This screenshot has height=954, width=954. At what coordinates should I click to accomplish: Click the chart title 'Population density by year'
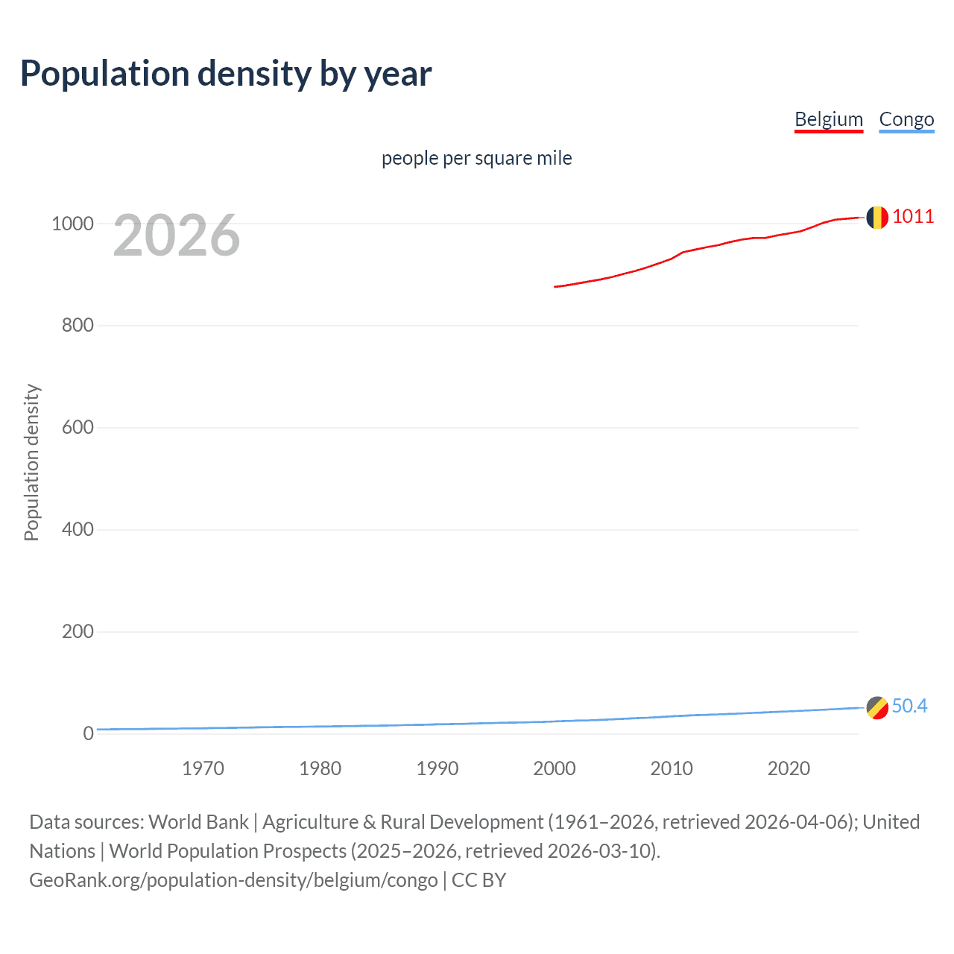click(226, 74)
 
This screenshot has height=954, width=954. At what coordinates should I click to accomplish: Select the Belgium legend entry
click(828, 119)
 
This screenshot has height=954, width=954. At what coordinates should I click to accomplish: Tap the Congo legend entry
click(906, 119)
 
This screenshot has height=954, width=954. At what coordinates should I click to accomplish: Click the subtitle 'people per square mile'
click(476, 158)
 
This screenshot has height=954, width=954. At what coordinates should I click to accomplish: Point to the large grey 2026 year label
click(177, 236)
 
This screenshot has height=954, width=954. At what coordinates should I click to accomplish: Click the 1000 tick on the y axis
click(72, 224)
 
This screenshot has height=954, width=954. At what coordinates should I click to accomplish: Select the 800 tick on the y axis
click(78, 326)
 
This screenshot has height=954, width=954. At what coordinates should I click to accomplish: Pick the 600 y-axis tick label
click(78, 428)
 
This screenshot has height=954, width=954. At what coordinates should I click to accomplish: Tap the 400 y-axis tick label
click(78, 530)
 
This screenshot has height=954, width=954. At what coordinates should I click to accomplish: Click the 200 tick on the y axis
click(78, 632)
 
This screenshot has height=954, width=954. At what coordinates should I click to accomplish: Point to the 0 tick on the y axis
click(88, 733)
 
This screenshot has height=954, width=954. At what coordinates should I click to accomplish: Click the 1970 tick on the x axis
click(203, 768)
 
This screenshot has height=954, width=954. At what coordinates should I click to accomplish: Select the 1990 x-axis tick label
click(437, 768)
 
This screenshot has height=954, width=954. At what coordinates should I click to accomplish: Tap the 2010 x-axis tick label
click(672, 768)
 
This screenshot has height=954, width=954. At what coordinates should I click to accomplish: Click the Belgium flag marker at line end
click(876, 217)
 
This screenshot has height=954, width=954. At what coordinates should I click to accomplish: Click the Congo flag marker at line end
click(877, 707)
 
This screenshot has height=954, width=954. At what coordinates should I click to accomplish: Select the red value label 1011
click(912, 217)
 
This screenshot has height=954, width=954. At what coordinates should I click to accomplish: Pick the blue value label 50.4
click(909, 706)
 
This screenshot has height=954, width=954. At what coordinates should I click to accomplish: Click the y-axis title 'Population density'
click(31, 462)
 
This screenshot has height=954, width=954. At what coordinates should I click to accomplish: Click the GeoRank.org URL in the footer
click(233, 880)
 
